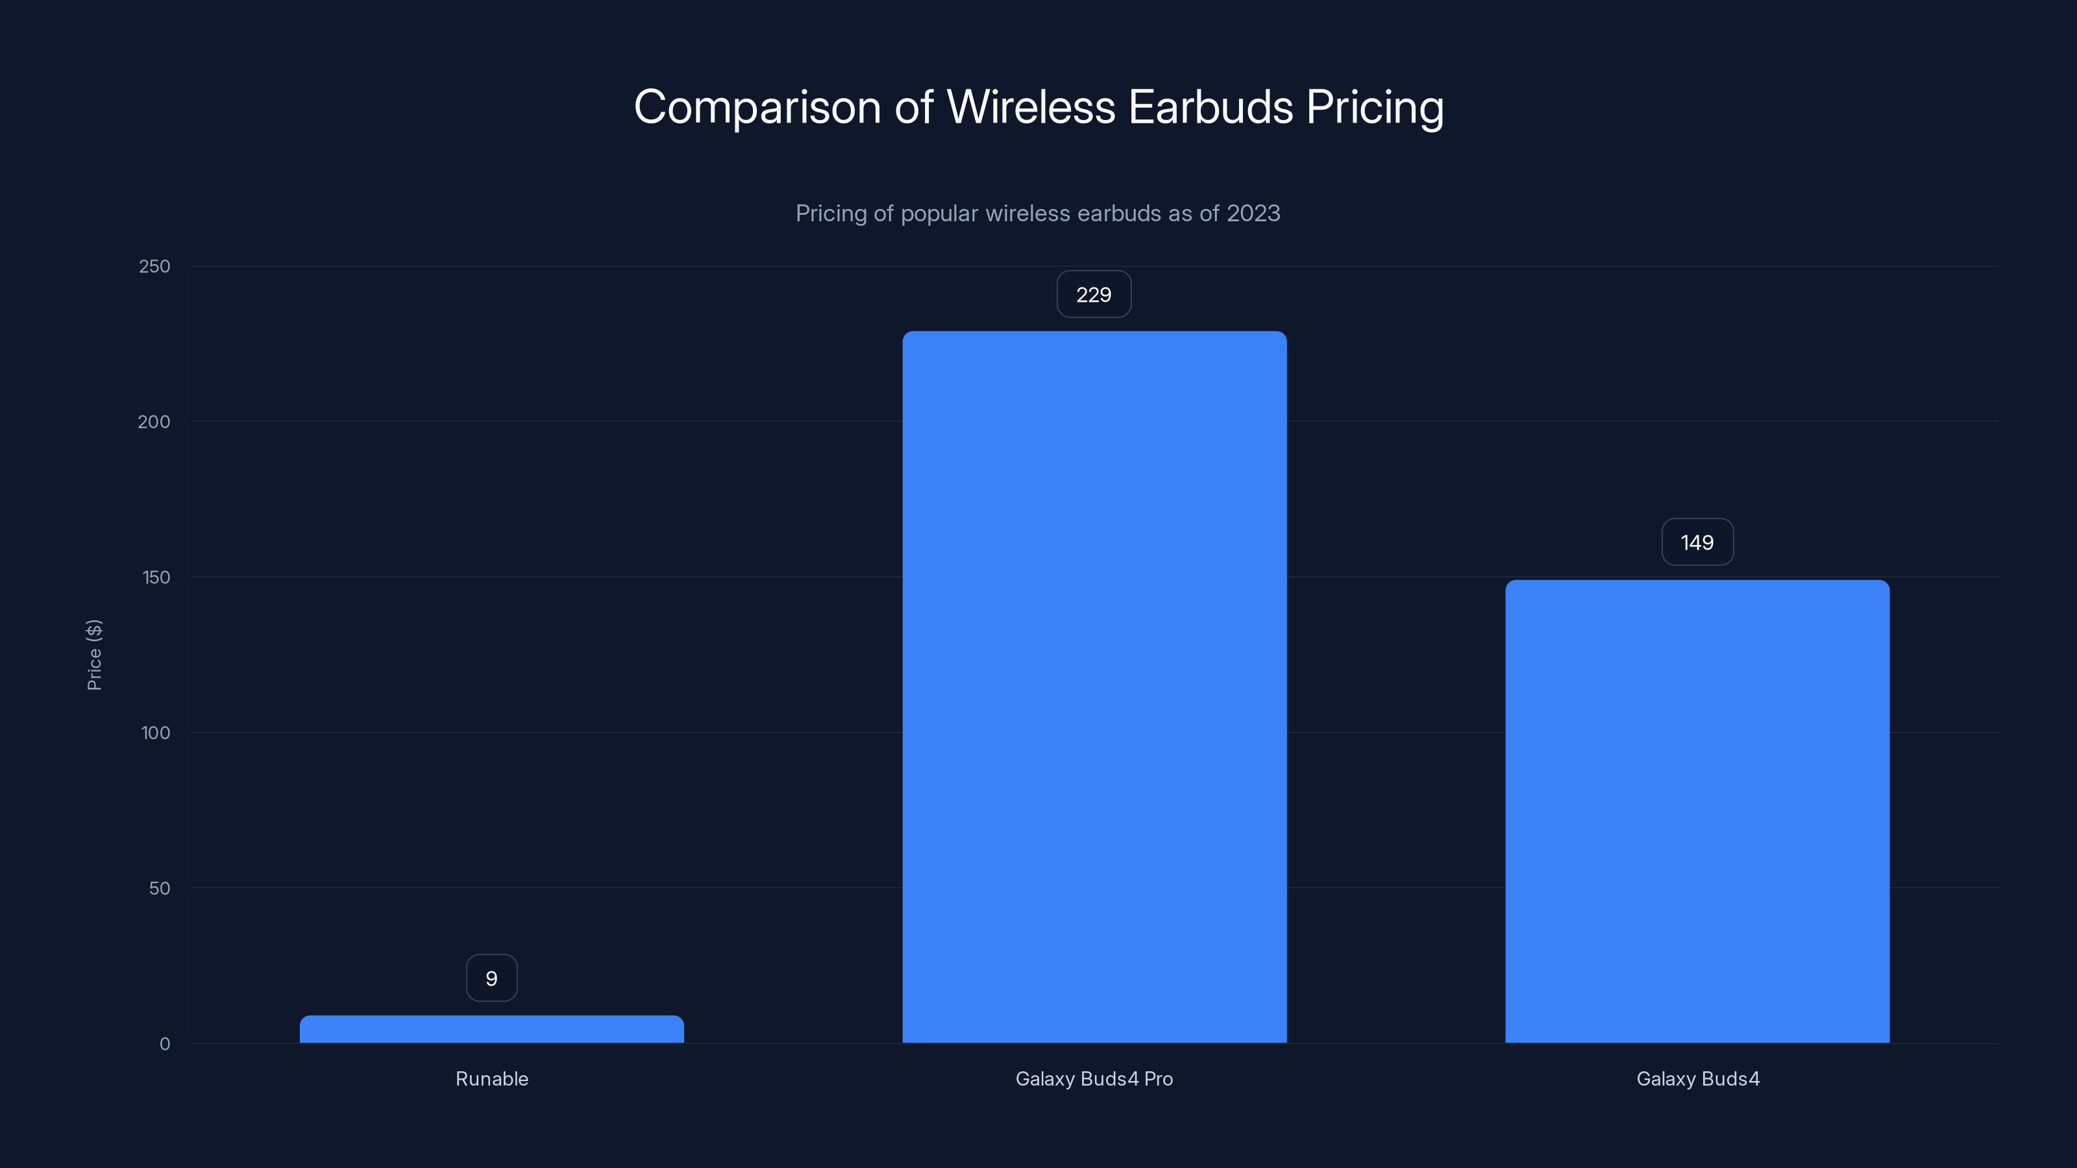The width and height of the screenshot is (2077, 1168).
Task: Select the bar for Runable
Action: (x=492, y=1029)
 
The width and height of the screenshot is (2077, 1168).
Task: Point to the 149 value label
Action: (x=1697, y=542)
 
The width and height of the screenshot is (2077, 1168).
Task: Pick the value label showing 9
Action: (x=492, y=979)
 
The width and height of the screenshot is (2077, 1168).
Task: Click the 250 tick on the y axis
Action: (x=155, y=266)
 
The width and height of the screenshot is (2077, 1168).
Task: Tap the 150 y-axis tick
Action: (x=156, y=577)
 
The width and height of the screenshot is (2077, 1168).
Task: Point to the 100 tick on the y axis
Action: (x=156, y=733)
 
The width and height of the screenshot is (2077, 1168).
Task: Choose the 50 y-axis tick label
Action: (x=160, y=888)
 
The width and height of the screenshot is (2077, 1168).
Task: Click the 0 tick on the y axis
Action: (x=166, y=1044)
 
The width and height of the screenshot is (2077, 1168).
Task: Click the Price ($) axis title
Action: (x=94, y=655)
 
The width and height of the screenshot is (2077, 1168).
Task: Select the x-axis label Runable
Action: (x=492, y=1078)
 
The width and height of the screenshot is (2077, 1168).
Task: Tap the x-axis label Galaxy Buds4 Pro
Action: (x=1094, y=1078)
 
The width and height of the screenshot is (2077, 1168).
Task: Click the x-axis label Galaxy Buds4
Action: (x=1698, y=1078)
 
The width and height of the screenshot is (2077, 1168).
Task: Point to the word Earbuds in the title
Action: (x=1211, y=107)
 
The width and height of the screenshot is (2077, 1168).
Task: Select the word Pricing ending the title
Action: (x=1375, y=107)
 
